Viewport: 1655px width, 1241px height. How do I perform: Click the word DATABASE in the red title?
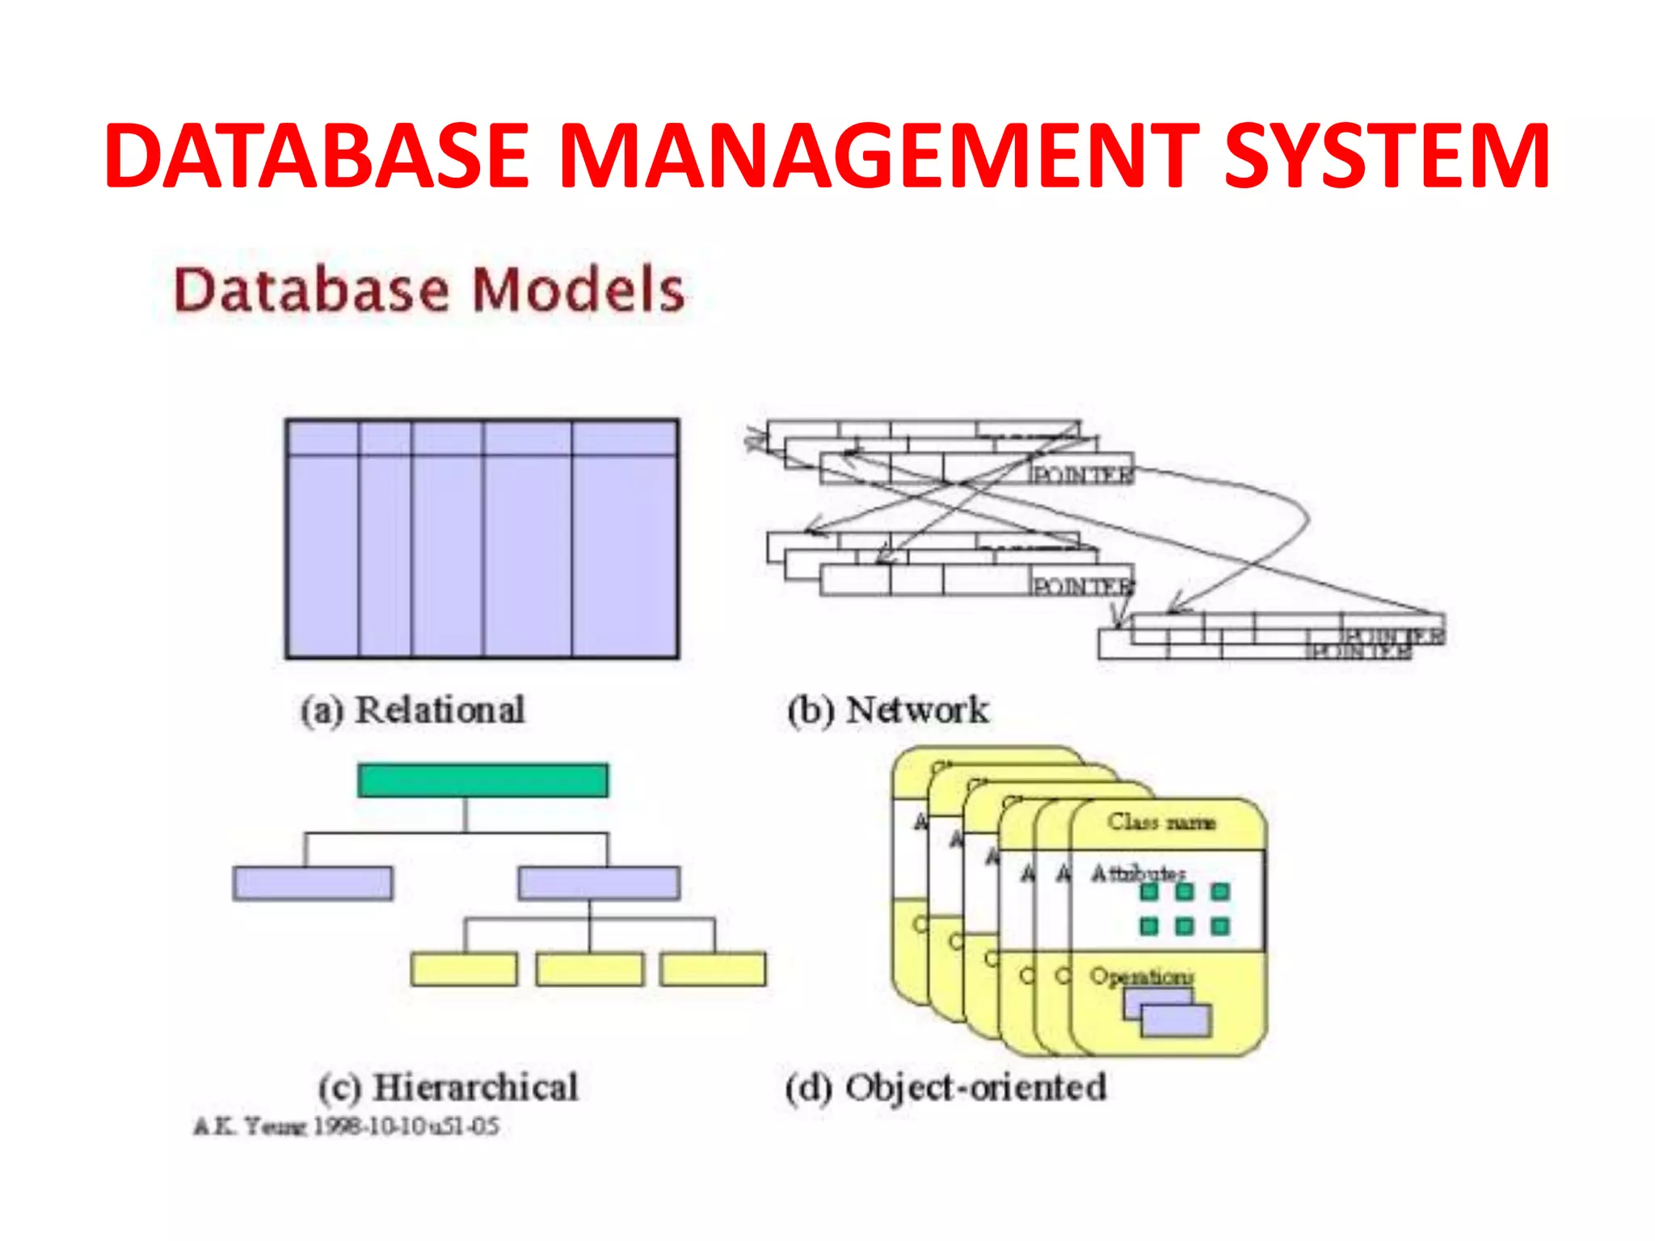pyautogui.click(x=316, y=156)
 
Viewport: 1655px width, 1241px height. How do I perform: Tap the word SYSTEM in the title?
pyautogui.click(x=1387, y=156)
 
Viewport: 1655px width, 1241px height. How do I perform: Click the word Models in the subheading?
pyautogui.click(x=578, y=290)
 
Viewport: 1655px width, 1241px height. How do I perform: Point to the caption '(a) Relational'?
pyautogui.click(x=412, y=710)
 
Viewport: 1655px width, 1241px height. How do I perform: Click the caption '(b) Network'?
pyautogui.click(x=887, y=710)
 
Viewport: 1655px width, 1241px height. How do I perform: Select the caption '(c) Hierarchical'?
pyautogui.click(x=448, y=1087)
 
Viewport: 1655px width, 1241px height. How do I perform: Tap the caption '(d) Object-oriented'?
pyautogui.click(x=945, y=1087)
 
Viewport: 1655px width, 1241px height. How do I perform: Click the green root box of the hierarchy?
pyautogui.click(x=482, y=780)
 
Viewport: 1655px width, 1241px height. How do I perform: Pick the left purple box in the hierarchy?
pyautogui.click(x=313, y=883)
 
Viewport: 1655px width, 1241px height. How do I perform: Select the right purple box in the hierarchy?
pyautogui.click(x=599, y=883)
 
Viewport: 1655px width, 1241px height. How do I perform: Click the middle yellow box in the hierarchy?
pyautogui.click(x=590, y=970)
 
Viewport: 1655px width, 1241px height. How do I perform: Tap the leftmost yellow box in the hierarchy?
pyautogui.click(x=464, y=970)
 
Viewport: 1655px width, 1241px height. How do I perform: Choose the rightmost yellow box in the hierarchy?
pyautogui.click(x=713, y=970)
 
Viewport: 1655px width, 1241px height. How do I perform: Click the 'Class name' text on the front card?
pyautogui.click(x=1161, y=822)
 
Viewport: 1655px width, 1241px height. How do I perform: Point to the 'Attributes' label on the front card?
pyautogui.click(x=1138, y=873)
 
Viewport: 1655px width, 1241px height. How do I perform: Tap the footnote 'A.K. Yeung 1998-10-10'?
pyautogui.click(x=346, y=1126)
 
